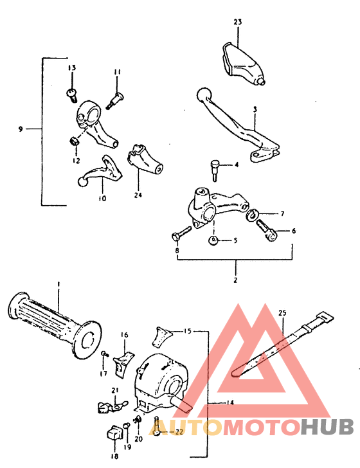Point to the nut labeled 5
coord(213,240)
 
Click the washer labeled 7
coord(255,213)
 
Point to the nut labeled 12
coord(74,141)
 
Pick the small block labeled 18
coord(114,433)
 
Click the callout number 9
coord(21,129)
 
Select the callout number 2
coord(235,280)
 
